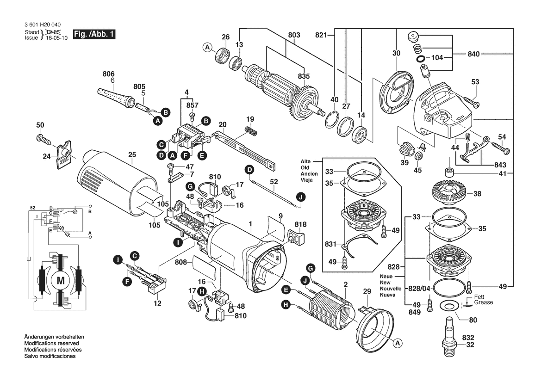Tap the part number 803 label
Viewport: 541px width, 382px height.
[x=294, y=35]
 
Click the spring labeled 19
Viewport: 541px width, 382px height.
[x=251, y=131]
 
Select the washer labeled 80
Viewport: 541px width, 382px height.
[x=447, y=306]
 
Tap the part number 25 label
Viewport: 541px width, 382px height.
[x=131, y=155]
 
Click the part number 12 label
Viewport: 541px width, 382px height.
[x=157, y=303]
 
